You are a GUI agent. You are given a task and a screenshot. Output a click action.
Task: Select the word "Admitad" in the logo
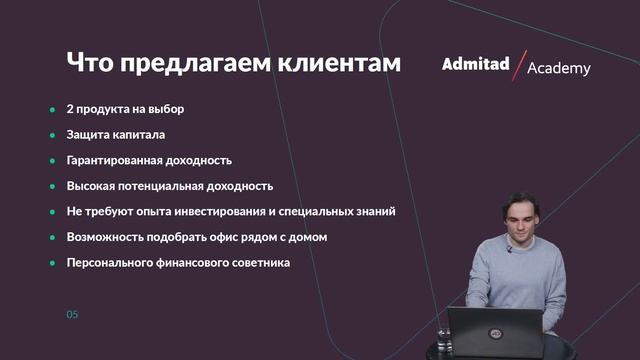point(475,65)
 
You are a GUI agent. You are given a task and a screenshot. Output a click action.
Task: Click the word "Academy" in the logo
point(558,69)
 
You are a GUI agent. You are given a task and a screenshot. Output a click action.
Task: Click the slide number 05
point(72,315)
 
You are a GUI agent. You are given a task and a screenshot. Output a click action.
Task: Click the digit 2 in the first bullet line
point(70,108)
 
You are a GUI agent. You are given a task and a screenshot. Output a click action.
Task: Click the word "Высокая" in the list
point(92,186)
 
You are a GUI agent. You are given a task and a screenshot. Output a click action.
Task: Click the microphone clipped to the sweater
point(508,251)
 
